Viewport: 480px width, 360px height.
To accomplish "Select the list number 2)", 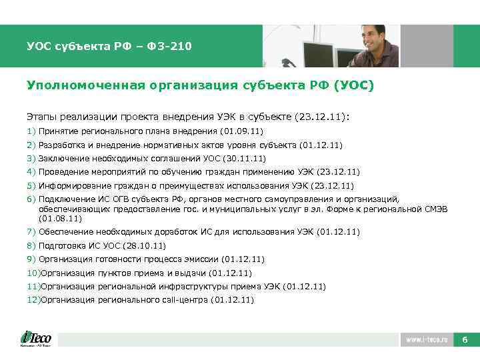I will [31, 145].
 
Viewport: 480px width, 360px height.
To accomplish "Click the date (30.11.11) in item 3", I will [243, 158].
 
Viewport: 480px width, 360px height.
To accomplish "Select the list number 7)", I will [31, 232].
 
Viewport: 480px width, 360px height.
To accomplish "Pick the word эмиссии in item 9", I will [204, 259].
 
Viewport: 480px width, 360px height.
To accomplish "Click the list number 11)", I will [33, 286].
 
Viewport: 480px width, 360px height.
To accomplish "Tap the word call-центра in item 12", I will [184, 300].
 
